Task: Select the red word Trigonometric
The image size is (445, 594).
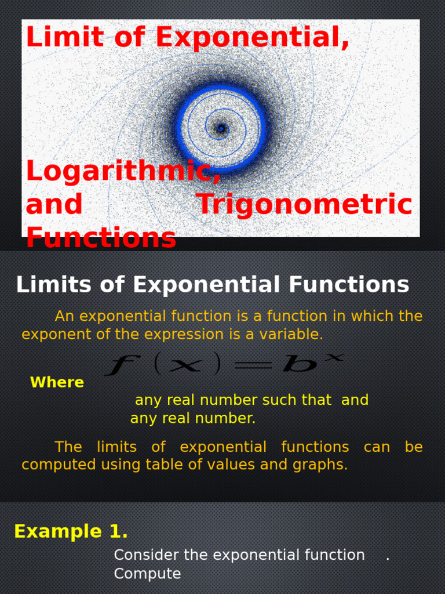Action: (x=304, y=205)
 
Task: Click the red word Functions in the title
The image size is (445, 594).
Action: (x=101, y=238)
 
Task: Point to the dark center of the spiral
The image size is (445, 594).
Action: (x=221, y=128)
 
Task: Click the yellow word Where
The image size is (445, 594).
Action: (x=57, y=382)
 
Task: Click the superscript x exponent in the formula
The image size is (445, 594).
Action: (x=335, y=358)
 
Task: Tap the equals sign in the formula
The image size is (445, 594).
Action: (x=253, y=366)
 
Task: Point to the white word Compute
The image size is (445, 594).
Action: (x=147, y=574)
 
